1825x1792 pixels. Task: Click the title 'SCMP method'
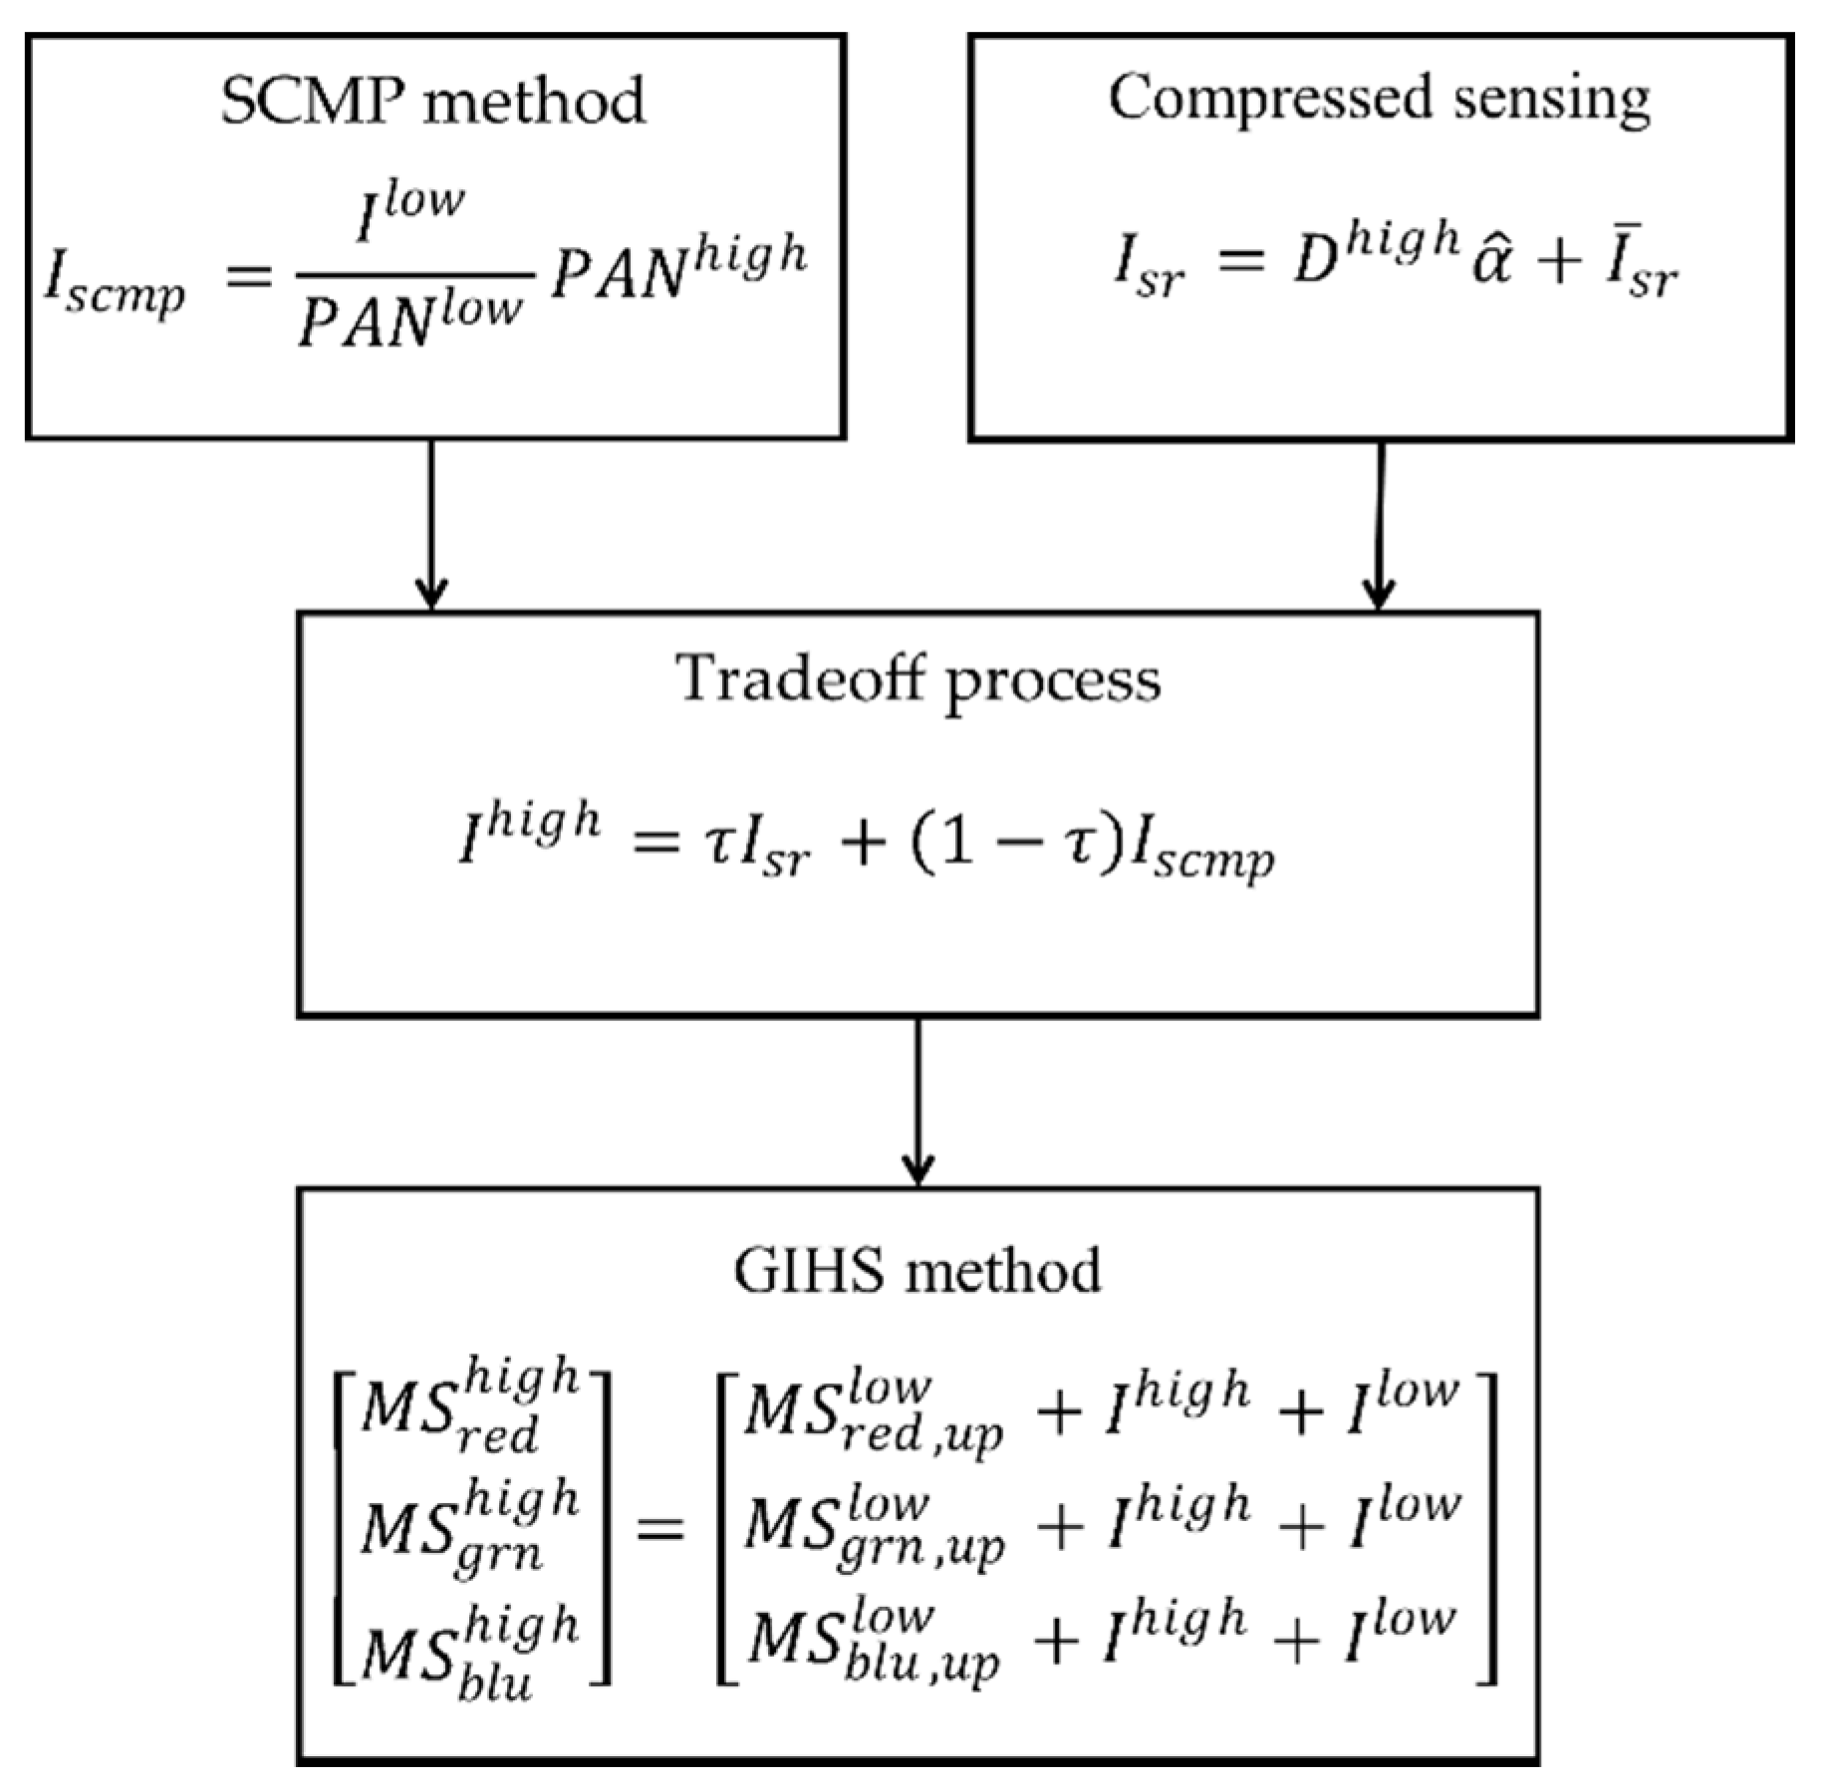[x=432, y=102]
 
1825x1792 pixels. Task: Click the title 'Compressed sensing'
[x=1379, y=100]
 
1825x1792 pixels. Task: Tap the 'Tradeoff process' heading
[x=917, y=680]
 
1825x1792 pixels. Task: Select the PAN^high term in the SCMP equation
[x=677, y=267]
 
